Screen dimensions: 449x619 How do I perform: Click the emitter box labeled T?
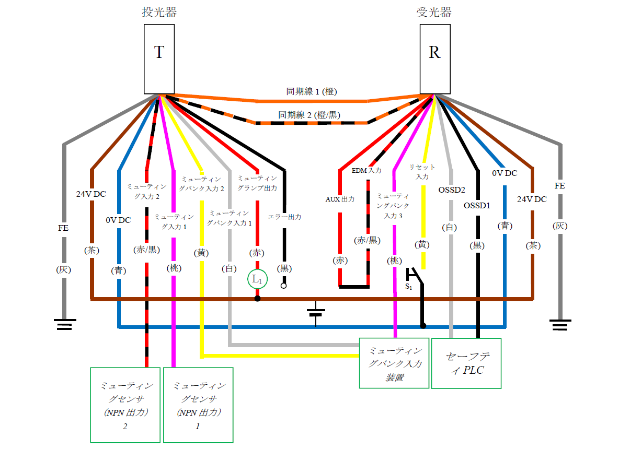(159, 60)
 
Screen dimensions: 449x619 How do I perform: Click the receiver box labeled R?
(434, 60)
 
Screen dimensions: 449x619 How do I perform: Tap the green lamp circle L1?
(257, 279)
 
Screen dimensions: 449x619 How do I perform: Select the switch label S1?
(408, 287)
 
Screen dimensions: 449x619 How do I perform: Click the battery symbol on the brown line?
(316, 312)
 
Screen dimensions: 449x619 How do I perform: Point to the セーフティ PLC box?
(466, 363)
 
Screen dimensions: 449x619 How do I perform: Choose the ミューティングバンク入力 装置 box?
(394, 363)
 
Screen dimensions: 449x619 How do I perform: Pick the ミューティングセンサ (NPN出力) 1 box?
(198, 405)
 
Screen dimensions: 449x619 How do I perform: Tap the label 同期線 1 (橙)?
(311, 91)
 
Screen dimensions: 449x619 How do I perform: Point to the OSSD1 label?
(477, 205)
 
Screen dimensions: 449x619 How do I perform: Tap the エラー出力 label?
(284, 217)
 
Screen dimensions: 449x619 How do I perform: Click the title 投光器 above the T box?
(159, 13)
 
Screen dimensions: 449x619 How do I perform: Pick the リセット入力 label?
(422, 172)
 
